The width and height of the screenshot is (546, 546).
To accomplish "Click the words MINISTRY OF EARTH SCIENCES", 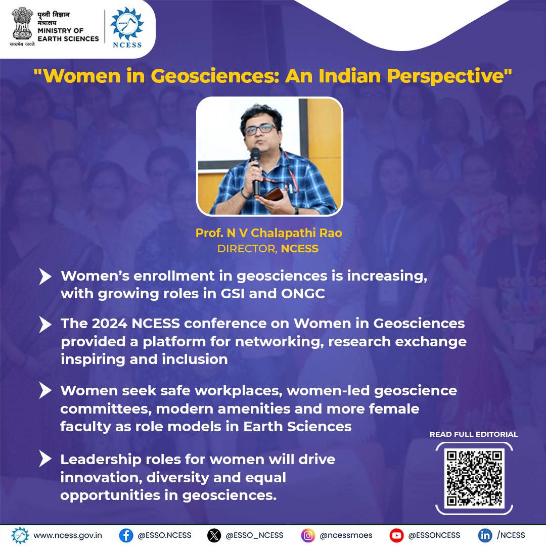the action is point(68,34).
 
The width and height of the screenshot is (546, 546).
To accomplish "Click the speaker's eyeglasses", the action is point(259,129).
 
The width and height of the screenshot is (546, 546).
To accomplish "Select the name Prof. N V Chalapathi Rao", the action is point(269,233).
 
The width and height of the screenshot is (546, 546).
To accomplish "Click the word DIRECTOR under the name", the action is point(247,249).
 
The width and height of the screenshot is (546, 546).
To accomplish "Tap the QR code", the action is point(474,478).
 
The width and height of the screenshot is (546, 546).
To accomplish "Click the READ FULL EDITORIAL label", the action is point(474,434).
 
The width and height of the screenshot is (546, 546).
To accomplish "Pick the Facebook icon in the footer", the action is point(126,535).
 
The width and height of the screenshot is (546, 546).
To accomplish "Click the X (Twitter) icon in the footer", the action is point(214,535).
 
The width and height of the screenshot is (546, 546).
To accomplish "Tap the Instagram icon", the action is point(308,535).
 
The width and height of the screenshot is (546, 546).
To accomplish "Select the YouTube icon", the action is point(397,535).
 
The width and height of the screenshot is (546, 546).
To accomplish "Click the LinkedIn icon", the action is point(485,535).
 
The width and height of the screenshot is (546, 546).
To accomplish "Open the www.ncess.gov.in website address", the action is point(68,535).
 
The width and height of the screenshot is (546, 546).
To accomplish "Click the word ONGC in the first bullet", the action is point(303,294).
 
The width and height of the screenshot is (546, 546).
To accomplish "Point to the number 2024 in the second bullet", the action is point(109,324).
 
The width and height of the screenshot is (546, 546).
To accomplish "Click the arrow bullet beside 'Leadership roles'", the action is point(45,459).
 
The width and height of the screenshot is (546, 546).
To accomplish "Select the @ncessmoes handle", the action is point(346,535).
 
